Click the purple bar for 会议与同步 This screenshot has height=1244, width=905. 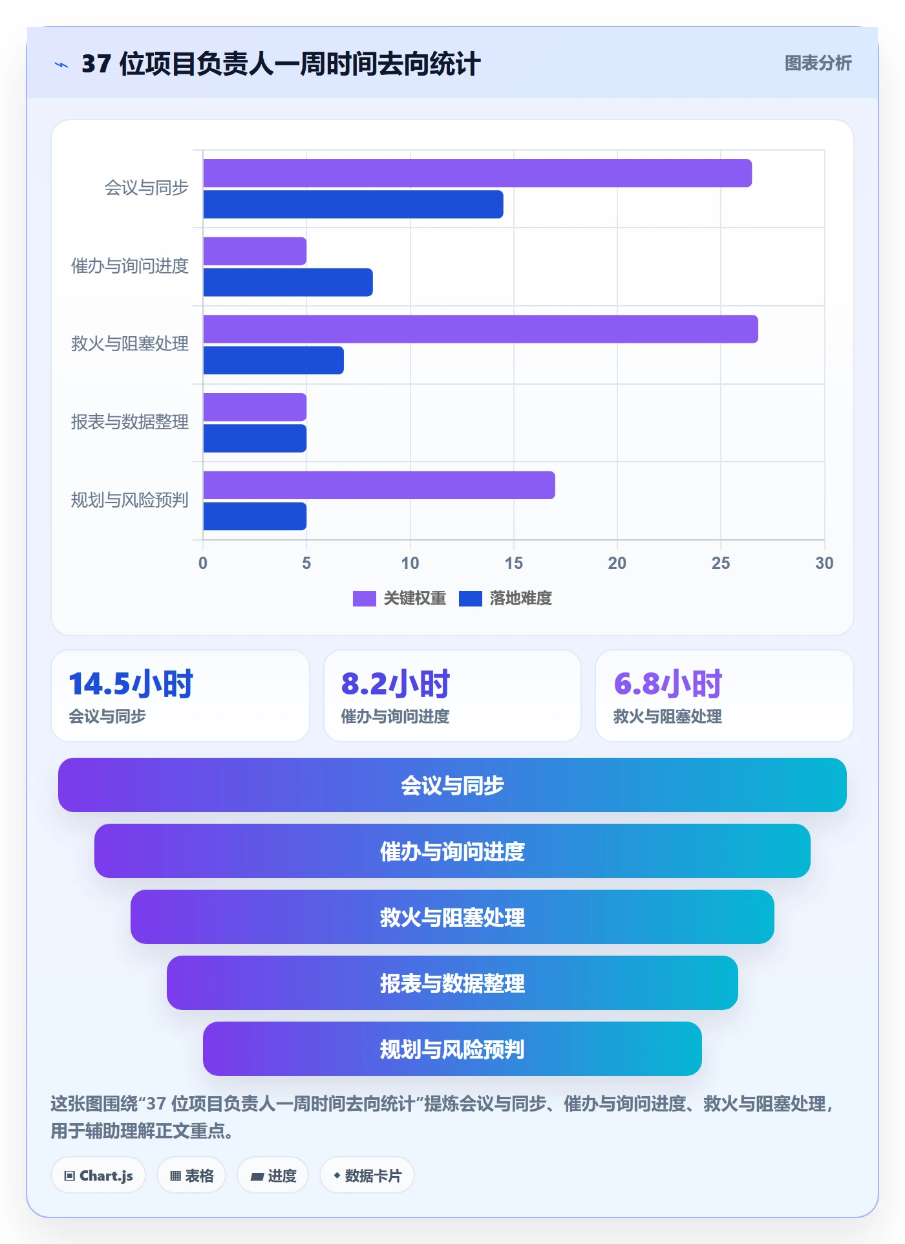[478, 173]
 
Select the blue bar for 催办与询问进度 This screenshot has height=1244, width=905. [288, 283]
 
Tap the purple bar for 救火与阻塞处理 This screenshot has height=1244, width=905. [481, 329]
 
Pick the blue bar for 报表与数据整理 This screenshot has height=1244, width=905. [255, 438]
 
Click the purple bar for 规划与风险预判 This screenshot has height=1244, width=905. [379, 485]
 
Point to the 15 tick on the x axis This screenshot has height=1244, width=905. [514, 563]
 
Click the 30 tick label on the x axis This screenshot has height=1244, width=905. [824, 563]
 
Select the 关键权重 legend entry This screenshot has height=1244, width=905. [399, 598]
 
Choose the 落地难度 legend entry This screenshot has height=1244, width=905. [506, 598]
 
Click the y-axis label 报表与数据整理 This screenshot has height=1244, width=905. [130, 422]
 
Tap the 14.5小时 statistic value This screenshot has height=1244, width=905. [131, 684]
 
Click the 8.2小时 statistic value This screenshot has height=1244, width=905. [396, 684]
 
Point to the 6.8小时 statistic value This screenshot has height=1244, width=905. [668, 684]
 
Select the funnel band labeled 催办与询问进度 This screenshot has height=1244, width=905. [452, 851]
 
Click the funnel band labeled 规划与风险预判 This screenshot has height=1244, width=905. [452, 1049]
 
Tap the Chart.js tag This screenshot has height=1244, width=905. [98, 1175]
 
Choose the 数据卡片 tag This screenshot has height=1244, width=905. [367, 1175]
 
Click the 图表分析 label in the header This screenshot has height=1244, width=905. [818, 63]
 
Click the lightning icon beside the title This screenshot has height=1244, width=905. [61, 65]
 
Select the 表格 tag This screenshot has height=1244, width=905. [191, 1175]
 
